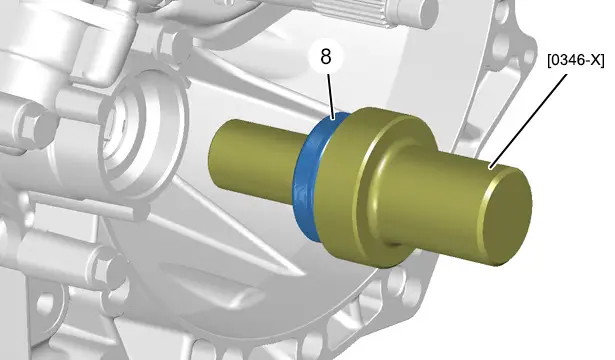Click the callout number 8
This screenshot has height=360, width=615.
(x=326, y=57)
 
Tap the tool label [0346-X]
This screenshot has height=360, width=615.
(x=576, y=60)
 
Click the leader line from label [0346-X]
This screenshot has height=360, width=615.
(x=528, y=122)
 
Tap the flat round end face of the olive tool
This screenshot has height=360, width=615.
(x=506, y=215)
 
